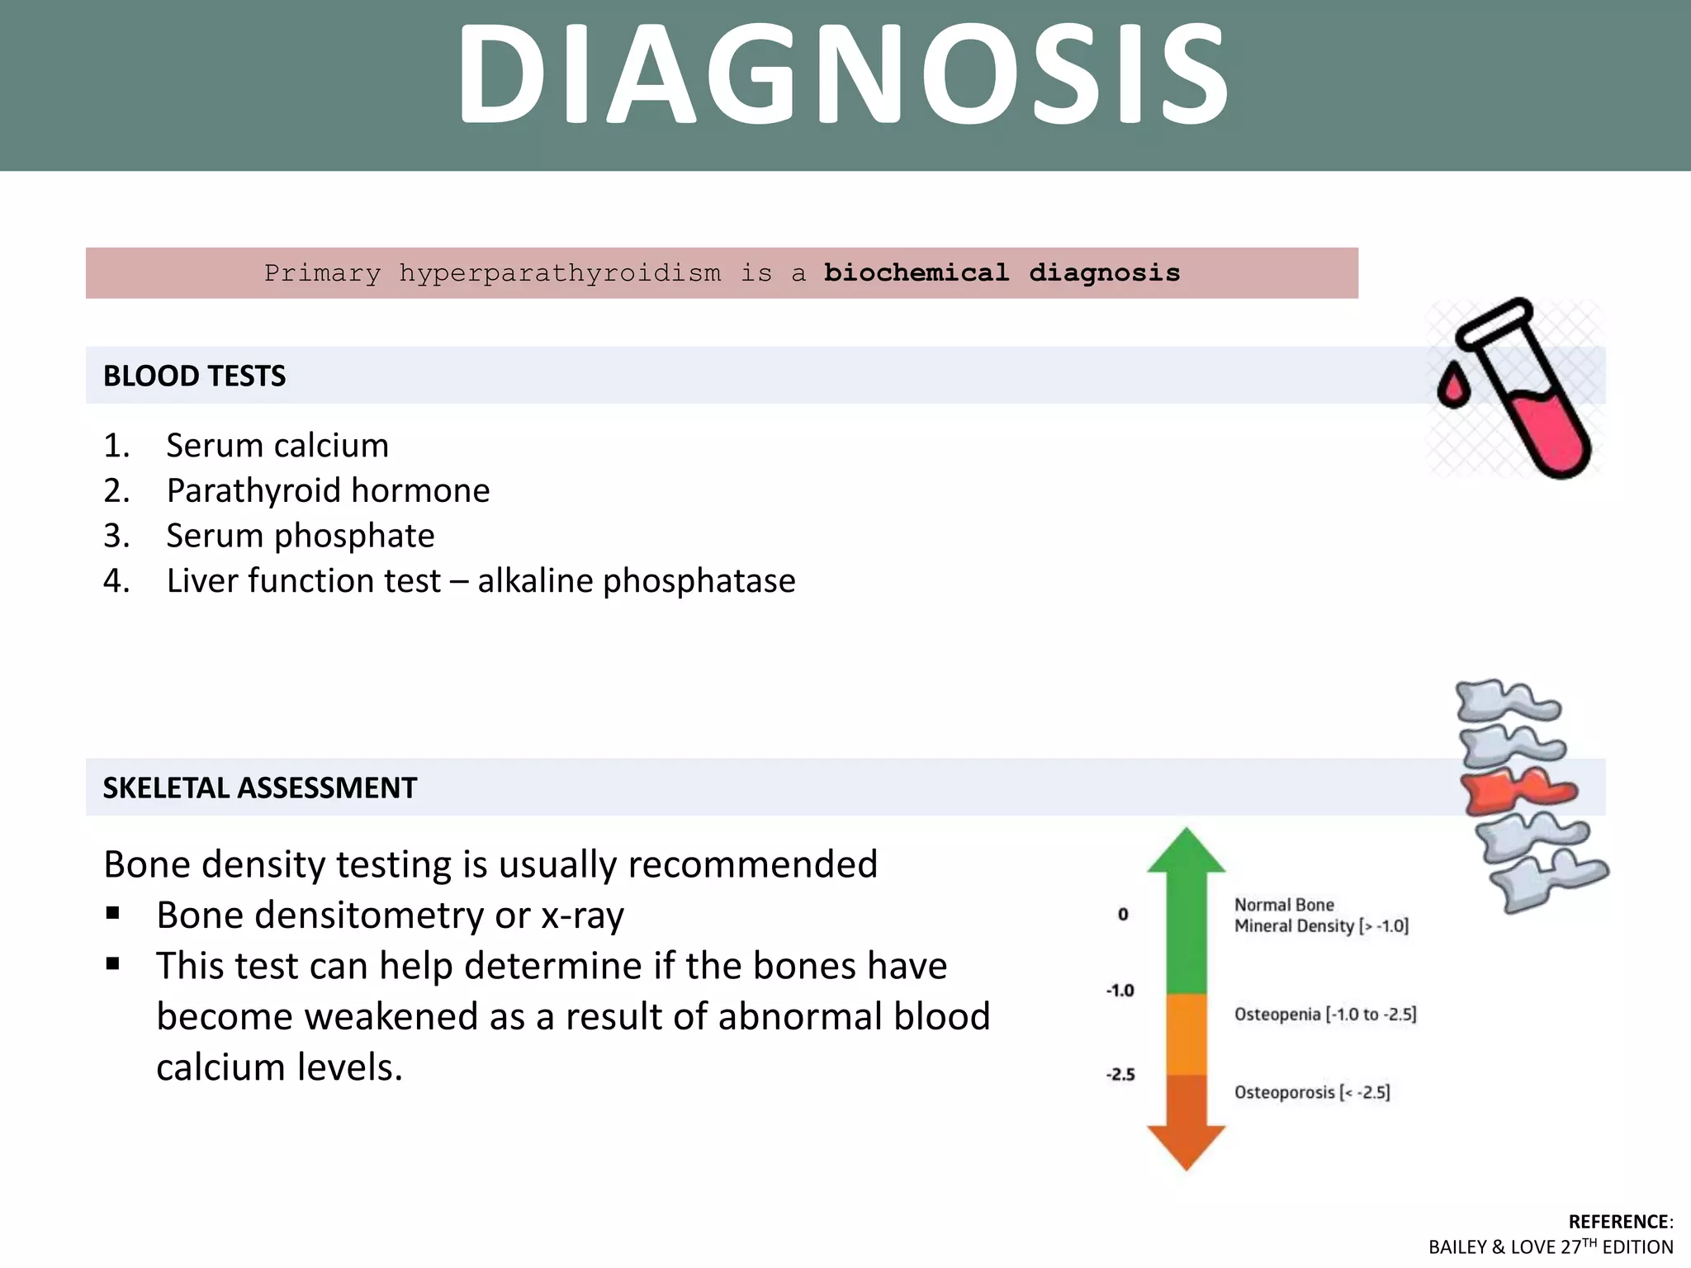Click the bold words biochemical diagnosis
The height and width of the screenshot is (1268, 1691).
click(x=1002, y=273)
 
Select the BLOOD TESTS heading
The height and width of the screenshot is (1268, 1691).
click(x=194, y=376)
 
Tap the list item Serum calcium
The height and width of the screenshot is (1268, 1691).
click(x=277, y=446)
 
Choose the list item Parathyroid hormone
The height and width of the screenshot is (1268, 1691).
click(x=328, y=491)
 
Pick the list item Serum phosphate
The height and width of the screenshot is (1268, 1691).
click(x=300, y=537)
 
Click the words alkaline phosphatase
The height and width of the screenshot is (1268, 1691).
click(x=636, y=581)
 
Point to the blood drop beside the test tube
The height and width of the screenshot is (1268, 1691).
click(x=1452, y=387)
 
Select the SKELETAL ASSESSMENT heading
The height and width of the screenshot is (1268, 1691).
click(x=259, y=788)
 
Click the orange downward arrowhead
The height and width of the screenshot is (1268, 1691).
click(x=1186, y=1146)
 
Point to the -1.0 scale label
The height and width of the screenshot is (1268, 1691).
click(x=1120, y=991)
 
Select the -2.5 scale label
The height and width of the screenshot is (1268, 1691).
click(x=1120, y=1075)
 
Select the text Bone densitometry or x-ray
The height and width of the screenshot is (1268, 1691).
click(x=390, y=916)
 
